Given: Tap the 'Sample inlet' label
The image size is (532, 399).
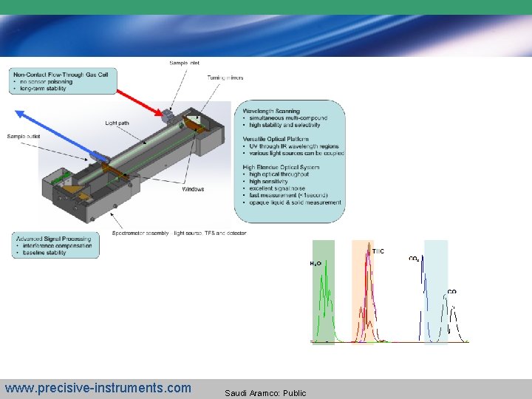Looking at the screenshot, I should click(x=184, y=63).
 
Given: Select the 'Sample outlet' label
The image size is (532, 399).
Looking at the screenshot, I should click(x=24, y=136).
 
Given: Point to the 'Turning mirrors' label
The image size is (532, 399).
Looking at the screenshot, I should click(x=225, y=78).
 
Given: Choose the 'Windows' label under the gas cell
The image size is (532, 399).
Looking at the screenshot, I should click(x=193, y=189).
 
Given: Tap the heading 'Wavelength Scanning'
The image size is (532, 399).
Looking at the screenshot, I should click(x=271, y=112).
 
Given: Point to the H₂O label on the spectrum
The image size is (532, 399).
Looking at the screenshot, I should click(x=316, y=263).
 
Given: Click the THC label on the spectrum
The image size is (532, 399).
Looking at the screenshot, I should click(x=378, y=251).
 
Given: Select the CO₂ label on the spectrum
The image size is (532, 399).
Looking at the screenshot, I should click(x=415, y=259).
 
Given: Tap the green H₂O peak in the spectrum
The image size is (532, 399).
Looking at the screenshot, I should click(x=323, y=296).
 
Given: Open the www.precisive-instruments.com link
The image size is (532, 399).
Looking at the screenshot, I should click(x=98, y=388).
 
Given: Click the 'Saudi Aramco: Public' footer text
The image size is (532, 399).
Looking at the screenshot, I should click(x=265, y=392).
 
